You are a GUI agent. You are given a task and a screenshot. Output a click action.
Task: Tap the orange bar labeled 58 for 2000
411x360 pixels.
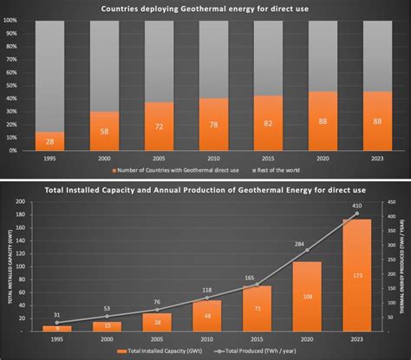click(104, 131)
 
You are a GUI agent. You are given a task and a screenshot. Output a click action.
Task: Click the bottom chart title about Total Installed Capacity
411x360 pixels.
click(205, 189)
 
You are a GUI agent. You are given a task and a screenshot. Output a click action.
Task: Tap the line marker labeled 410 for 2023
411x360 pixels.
click(356, 213)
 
